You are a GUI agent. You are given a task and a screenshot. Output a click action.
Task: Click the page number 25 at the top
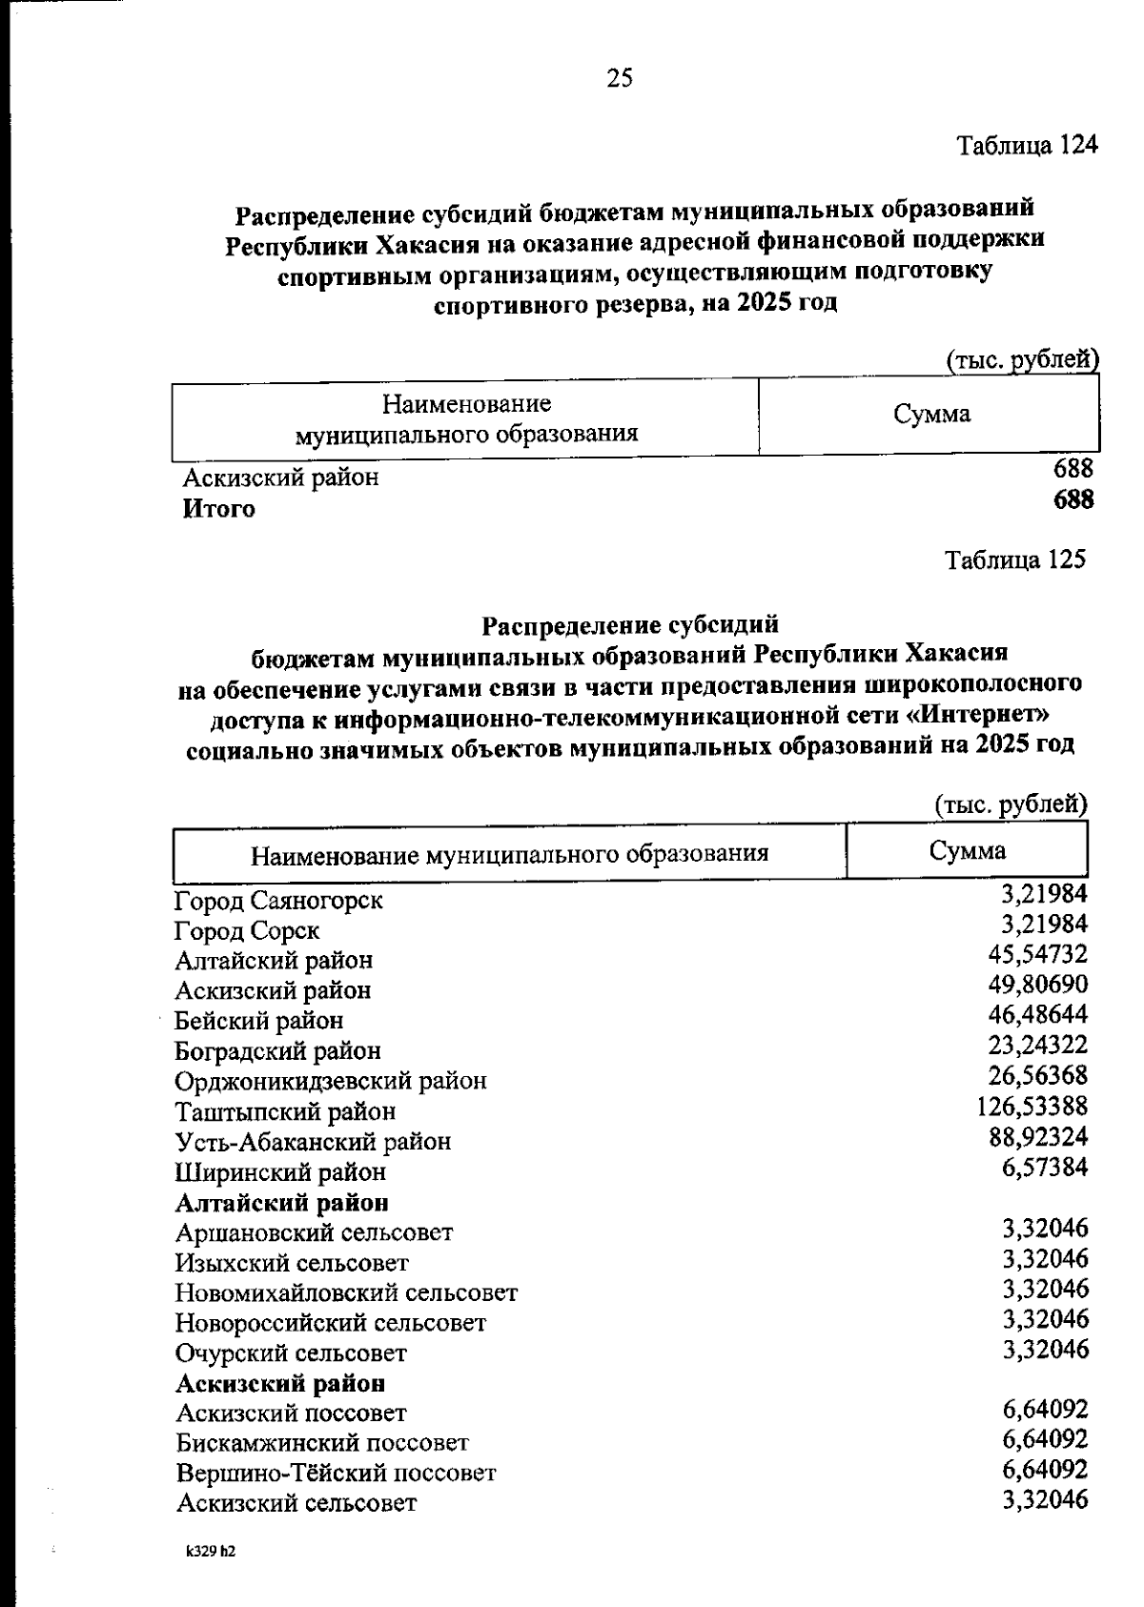tap(619, 78)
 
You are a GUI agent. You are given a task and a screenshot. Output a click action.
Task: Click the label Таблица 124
tap(1028, 146)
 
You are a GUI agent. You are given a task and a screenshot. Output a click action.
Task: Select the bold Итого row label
tap(219, 509)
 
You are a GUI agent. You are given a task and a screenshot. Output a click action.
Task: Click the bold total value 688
tap(1072, 499)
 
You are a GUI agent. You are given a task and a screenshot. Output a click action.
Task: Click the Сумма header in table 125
tap(967, 850)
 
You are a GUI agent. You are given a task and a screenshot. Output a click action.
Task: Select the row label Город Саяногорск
tap(278, 900)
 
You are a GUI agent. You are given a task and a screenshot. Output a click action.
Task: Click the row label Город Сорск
tap(247, 930)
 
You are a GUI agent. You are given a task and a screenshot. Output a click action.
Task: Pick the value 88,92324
tap(1038, 1137)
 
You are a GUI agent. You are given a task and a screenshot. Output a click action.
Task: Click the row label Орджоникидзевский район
tap(331, 1081)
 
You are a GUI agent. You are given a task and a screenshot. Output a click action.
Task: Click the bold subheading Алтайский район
tap(282, 1202)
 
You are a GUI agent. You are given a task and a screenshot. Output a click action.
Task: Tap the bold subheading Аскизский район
tap(281, 1382)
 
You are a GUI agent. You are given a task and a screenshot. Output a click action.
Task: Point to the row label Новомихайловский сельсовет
tap(347, 1293)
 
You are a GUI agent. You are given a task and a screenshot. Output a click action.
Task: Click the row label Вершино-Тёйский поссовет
tap(336, 1474)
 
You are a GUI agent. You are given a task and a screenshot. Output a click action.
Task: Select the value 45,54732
tap(1038, 954)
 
